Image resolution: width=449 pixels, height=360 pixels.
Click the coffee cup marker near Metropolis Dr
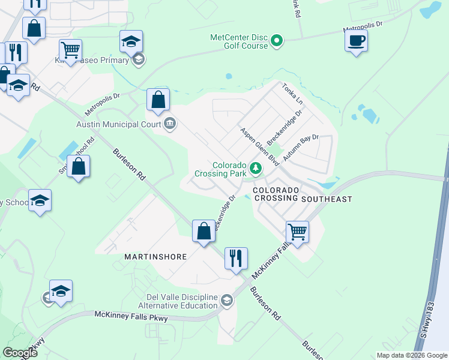(357, 41)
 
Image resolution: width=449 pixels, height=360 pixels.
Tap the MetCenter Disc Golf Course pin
(277, 41)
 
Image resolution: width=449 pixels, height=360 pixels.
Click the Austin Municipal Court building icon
(170, 124)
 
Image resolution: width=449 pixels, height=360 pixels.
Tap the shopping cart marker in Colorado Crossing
(297, 232)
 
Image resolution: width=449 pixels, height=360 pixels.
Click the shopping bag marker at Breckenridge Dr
(203, 231)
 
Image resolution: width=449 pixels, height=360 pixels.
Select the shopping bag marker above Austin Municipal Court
(158, 100)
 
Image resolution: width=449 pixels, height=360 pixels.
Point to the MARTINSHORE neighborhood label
(156, 256)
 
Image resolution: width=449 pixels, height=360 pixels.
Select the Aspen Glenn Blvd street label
(261, 146)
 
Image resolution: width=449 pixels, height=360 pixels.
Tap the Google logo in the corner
(20, 353)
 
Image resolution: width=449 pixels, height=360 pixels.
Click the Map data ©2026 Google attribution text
(412, 355)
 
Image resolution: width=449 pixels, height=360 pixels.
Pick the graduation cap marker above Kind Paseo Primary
(131, 41)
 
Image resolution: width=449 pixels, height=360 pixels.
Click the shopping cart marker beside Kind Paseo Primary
(71, 50)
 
